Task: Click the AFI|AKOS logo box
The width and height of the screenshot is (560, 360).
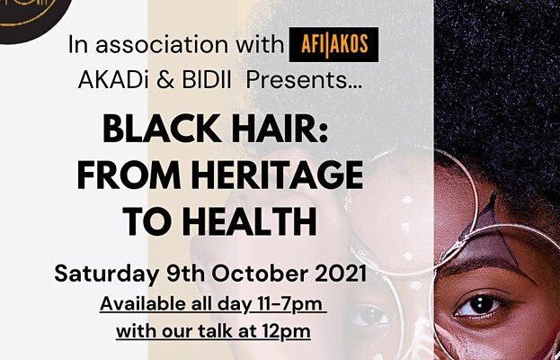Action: point(333,44)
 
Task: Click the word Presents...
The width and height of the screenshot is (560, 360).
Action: point(305,80)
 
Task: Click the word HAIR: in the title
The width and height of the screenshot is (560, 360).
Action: point(280,130)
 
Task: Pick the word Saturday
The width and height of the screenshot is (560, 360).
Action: point(107,274)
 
